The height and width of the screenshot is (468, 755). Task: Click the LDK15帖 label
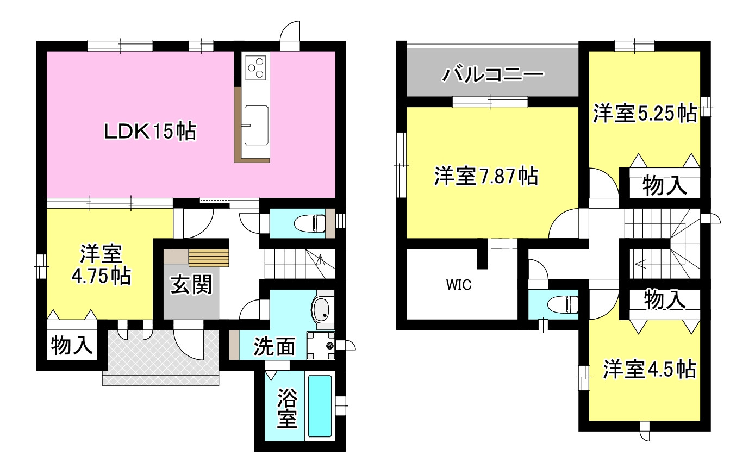(150, 132)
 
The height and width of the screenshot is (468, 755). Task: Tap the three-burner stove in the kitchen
(255, 67)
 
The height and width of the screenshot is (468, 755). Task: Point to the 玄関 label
(191, 285)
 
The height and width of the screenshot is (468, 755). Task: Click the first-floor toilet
(309, 223)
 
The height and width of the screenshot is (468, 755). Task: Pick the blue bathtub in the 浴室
(320, 406)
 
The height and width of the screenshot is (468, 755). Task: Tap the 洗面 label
(274, 347)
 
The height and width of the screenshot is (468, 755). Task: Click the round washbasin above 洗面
(322, 310)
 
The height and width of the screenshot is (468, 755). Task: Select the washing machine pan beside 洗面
(321, 345)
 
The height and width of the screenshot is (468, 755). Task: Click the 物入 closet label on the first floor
(72, 345)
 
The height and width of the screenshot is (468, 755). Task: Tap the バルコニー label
(492, 75)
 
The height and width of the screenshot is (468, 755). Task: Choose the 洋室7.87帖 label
(486, 176)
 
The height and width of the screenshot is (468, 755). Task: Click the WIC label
(459, 285)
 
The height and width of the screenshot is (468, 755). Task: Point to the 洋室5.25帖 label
(645, 114)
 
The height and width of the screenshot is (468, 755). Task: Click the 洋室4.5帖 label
(650, 369)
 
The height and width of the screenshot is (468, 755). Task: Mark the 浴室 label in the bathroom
(287, 408)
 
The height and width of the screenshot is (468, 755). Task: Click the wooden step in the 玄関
(209, 258)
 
